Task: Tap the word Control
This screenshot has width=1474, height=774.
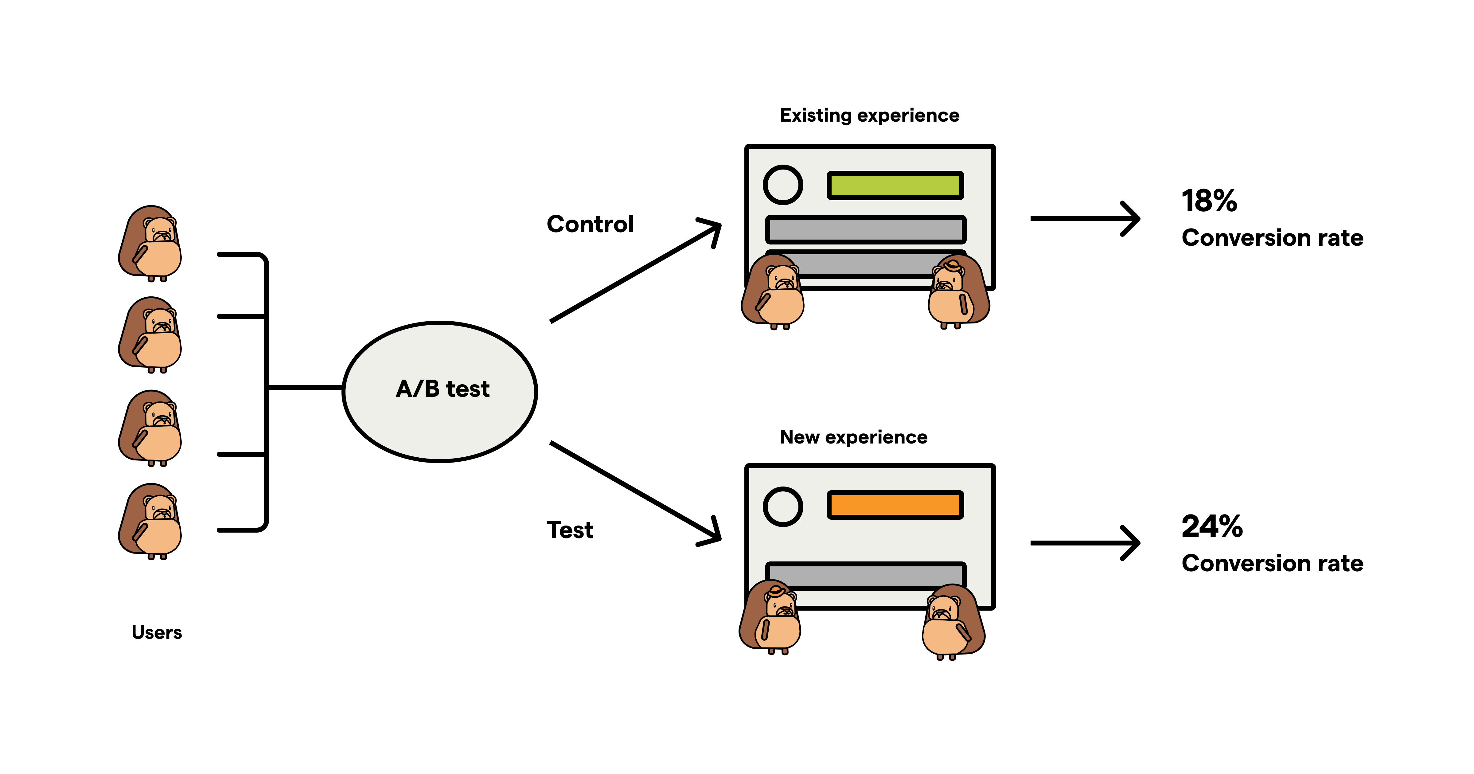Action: [590, 224]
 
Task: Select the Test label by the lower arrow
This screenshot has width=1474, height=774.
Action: [570, 530]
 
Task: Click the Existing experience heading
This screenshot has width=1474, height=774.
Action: [869, 116]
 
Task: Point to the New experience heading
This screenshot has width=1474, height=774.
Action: [853, 437]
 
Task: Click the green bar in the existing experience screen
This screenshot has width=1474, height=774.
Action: [895, 186]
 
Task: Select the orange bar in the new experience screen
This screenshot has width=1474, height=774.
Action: [895, 505]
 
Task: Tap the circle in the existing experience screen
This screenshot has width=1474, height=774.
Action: [783, 185]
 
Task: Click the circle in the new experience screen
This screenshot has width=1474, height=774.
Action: [783, 507]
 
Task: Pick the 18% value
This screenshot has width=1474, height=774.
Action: [1209, 201]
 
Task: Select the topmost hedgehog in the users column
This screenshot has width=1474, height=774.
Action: [150, 243]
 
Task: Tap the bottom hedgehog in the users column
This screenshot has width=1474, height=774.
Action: [150, 521]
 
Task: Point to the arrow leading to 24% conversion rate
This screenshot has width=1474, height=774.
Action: [1084, 543]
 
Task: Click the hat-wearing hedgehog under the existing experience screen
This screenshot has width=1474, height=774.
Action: [957, 292]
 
